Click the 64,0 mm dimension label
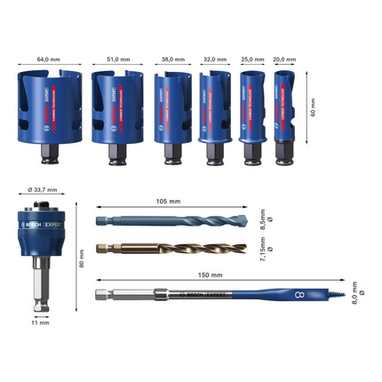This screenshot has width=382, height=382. point(49,60)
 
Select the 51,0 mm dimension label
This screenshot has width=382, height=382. point(117,60)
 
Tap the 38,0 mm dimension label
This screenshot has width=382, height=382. point(172,60)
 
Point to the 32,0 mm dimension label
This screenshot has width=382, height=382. point(215,60)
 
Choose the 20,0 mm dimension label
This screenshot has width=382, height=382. point(285,60)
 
